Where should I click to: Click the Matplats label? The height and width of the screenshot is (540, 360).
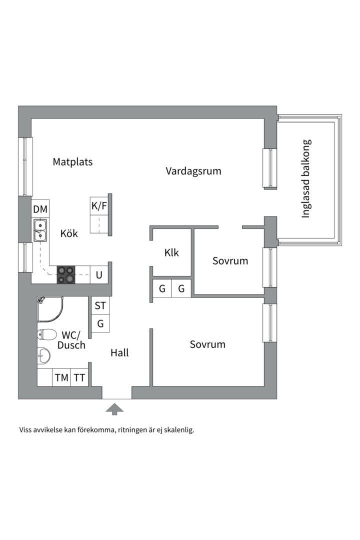click(72, 162)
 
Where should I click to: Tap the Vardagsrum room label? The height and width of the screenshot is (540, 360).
click(193, 171)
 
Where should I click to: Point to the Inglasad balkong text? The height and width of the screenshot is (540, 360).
click(306, 178)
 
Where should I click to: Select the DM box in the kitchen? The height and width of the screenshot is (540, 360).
click(40, 209)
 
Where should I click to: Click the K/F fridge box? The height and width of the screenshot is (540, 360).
click(99, 205)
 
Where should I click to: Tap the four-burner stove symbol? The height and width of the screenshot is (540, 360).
click(65, 274)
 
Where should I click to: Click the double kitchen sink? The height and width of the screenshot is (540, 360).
click(40, 230)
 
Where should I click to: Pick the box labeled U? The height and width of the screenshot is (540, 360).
click(99, 274)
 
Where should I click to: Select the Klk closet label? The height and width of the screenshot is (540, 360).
click(171, 252)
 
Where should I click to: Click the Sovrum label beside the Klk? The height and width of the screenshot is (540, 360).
click(230, 260)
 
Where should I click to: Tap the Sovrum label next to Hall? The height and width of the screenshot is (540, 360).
click(207, 344)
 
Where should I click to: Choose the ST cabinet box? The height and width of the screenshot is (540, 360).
click(100, 306)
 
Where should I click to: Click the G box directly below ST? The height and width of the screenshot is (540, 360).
click(100, 324)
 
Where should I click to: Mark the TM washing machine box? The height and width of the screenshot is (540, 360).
click(61, 378)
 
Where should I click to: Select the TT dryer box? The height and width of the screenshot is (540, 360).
click(79, 378)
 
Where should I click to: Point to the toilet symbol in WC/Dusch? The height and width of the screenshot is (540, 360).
click(45, 334)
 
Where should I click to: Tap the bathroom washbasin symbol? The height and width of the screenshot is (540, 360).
click(44, 355)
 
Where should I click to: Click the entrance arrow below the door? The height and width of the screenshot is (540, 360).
click(115, 409)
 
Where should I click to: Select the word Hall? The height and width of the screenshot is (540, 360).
click(119, 352)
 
